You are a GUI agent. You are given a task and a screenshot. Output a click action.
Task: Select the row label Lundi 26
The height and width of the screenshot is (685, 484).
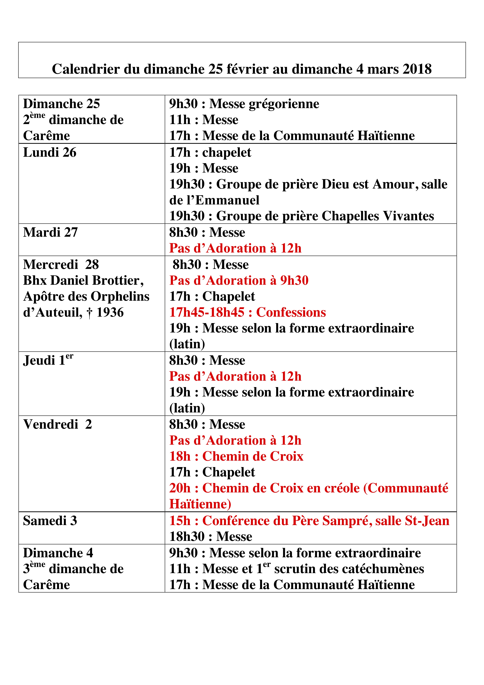pyautogui.click(x=50, y=152)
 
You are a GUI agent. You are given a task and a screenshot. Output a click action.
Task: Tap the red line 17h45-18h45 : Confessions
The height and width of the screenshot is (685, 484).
pyautogui.click(x=247, y=312)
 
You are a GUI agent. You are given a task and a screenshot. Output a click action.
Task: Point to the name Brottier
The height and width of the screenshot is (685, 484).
pyautogui.click(x=118, y=280)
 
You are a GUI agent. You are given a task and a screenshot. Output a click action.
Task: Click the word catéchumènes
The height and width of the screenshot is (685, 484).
pyautogui.click(x=349, y=569)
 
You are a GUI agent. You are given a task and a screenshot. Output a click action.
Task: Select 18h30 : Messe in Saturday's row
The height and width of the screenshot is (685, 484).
pyautogui.click(x=211, y=537)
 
